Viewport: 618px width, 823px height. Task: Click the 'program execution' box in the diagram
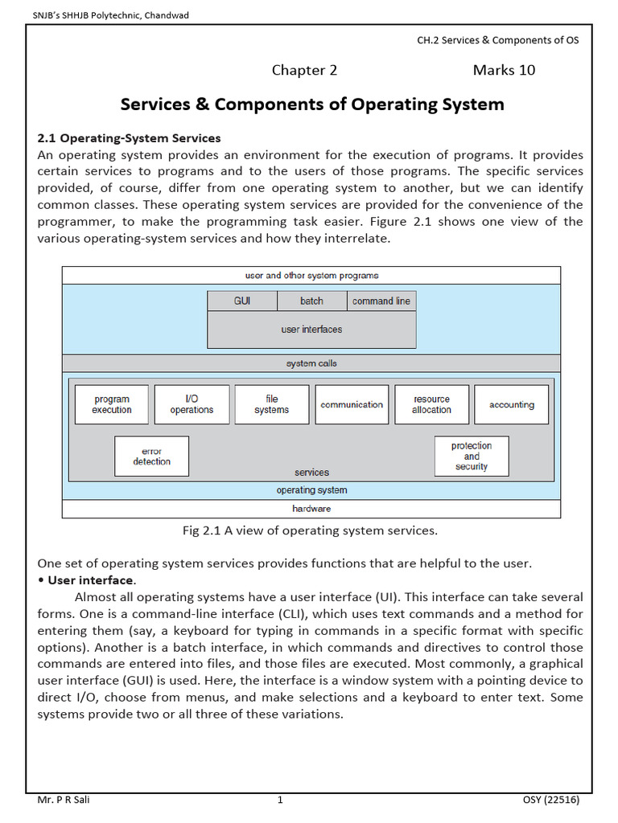coord(112,404)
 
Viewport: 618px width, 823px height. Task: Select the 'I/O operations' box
coord(192,404)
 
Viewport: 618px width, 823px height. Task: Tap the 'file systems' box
coord(271,404)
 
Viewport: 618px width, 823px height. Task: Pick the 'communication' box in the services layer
coord(352,404)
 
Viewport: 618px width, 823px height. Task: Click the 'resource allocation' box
coord(431,404)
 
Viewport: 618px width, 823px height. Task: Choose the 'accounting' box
coord(511,404)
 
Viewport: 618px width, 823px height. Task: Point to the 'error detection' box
coord(151,457)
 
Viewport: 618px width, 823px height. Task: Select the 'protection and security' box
coord(472,456)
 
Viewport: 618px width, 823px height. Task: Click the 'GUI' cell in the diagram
coord(242,301)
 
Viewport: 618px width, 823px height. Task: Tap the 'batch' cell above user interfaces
coord(311,301)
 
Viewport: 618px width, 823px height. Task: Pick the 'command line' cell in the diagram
coord(381,301)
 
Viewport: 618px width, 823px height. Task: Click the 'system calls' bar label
coord(311,363)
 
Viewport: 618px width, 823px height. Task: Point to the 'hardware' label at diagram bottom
coord(311,509)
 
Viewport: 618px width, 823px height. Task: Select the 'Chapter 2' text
coord(304,70)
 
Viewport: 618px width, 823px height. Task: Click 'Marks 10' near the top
coord(504,70)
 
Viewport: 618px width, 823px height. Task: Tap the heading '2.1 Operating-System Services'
coord(130,138)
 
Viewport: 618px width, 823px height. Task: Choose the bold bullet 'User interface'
coord(90,579)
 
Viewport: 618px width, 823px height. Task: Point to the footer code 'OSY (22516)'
coord(551,800)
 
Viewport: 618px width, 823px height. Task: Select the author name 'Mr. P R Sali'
coord(64,800)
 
